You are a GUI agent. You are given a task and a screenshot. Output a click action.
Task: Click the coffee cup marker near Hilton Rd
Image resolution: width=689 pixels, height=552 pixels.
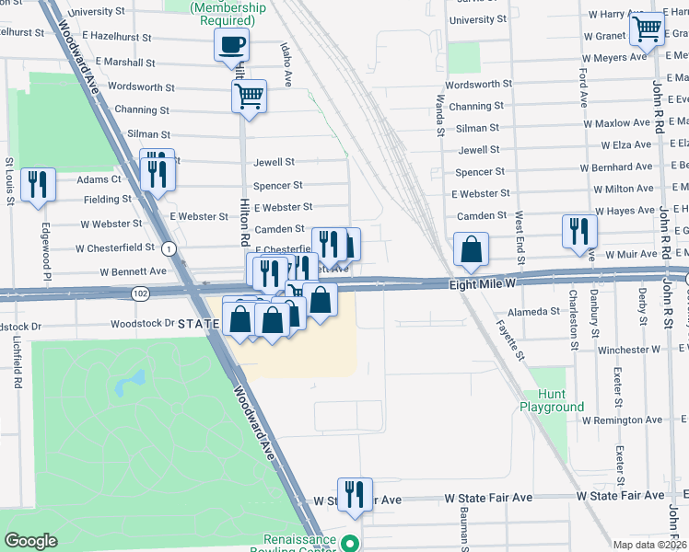click(x=231, y=44)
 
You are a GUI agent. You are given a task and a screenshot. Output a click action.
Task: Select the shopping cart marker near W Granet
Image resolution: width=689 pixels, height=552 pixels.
click(x=648, y=29)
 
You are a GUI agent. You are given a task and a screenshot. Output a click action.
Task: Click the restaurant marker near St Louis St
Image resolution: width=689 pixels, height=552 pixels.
click(x=39, y=183)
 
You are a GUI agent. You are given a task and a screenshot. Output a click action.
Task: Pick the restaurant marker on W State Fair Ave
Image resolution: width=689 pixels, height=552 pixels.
click(x=355, y=493)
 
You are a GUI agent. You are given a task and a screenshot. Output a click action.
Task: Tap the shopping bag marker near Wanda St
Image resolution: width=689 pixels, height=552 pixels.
click(x=471, y=249)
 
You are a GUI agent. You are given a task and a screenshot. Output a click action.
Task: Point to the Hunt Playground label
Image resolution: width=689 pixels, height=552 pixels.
click(x=553, y=400)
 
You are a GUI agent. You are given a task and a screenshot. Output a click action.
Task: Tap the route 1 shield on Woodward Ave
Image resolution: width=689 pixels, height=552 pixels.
click(x=169, y=248)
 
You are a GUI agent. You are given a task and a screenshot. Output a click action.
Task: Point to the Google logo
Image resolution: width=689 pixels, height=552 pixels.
click(x=30, y=541)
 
